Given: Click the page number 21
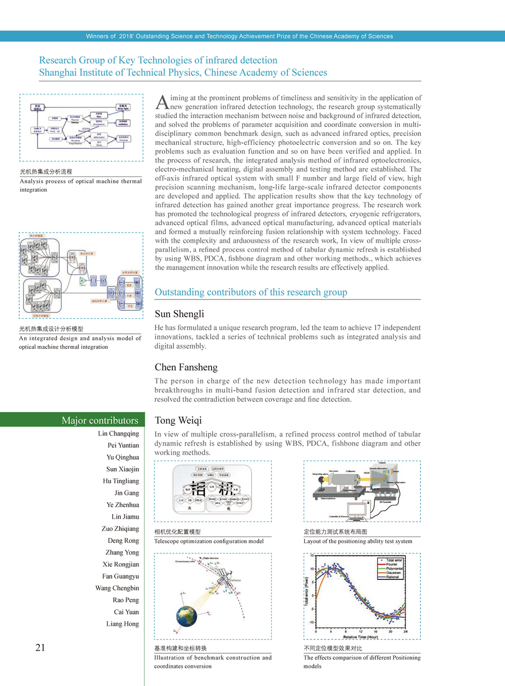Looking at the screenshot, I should click(x=40, y=648).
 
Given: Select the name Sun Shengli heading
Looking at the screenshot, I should click(x=179, y=314).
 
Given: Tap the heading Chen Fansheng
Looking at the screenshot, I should click(x=186, y=368).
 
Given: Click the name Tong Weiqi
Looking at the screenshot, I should click(x=178, y=420).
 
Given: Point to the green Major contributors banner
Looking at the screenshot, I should click(x=100, y=420).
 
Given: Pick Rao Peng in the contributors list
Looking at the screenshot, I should click(x=126, y=600).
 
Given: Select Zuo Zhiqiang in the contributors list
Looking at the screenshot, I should click(x=120, y=529).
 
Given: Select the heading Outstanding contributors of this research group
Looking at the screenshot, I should click(x=251, y=292).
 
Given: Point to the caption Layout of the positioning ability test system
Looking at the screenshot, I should click(x=357, y=541).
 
